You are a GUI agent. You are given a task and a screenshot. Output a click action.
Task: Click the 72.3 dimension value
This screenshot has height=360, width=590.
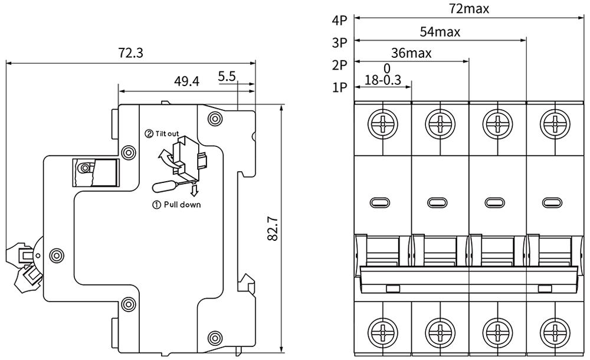[130, 53]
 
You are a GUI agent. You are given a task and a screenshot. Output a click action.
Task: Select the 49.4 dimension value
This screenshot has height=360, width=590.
[186, 81]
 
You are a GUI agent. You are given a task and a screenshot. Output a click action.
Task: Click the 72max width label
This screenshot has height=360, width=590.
[469, 9]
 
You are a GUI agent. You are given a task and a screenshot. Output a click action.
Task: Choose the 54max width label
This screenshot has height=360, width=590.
[440, 31]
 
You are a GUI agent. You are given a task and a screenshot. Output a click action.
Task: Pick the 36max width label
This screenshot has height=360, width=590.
[411, 53]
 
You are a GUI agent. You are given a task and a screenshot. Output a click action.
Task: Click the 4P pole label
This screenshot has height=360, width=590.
[340, 21]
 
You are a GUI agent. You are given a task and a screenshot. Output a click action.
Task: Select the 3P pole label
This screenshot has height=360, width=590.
[340, 42]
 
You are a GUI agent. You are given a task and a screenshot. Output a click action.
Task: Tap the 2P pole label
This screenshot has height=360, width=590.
[340, 64]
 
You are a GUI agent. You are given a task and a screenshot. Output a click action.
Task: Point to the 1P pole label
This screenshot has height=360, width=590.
[340, 87]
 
